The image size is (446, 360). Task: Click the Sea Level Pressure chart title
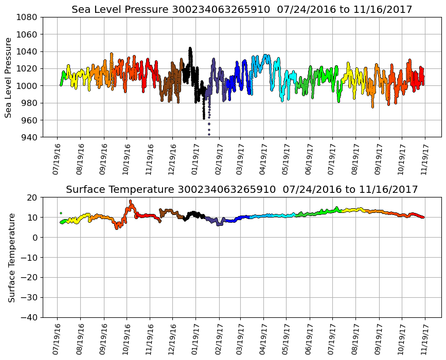coord(242,10)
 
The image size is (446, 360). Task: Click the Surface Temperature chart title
coord(242,190)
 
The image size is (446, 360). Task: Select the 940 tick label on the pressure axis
coord(29,137)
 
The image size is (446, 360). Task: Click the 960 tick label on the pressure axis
coord(29,120)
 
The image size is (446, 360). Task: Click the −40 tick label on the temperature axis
coord(29,318)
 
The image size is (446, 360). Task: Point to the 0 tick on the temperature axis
coord(35,238)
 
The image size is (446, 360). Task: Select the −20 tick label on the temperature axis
coord(29,278)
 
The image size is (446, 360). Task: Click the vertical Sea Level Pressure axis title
coord(9,77)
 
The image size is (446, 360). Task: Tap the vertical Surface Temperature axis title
coord(11,257)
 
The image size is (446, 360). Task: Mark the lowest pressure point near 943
coord(209,134)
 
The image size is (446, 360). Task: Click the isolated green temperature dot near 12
coord(61,213)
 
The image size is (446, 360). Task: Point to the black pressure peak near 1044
coord(190,48)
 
